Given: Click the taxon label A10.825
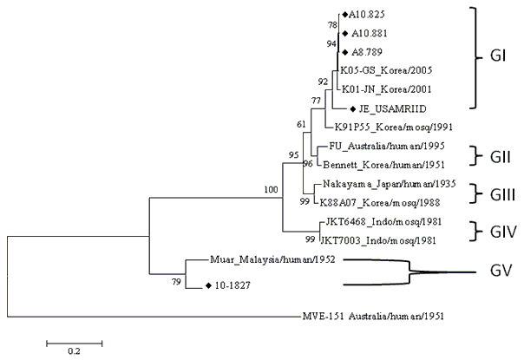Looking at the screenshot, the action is point(367,15).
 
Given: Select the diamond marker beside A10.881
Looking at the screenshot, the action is point(345,34).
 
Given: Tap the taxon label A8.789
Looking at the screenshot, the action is point(367,52).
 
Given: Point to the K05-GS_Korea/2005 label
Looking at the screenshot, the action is point(386,70).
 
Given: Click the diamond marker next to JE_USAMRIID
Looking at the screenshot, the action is point(352,109).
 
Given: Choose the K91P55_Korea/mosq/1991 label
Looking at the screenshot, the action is point(394,127).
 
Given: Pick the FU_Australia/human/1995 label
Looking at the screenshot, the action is point(387,146).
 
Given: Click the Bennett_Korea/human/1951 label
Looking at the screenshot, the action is point(384,165).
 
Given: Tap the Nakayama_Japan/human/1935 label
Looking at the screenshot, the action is point(390,184).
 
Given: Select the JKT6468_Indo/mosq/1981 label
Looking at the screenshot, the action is point(383,221).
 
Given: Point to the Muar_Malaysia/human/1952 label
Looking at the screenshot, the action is point(272,259).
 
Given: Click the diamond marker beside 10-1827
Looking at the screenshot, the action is point(208,285).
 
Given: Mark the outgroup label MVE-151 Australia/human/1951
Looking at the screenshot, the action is point(373,316).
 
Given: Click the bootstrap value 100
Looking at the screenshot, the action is point(271,190).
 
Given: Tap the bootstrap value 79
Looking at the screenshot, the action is point(176,282).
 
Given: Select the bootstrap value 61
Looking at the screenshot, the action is point(301,124).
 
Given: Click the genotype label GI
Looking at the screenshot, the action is point(498,56).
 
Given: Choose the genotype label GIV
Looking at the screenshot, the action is point(503,232).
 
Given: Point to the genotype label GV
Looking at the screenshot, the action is point(501,271).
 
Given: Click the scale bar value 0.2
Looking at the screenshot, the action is point(75,351).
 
